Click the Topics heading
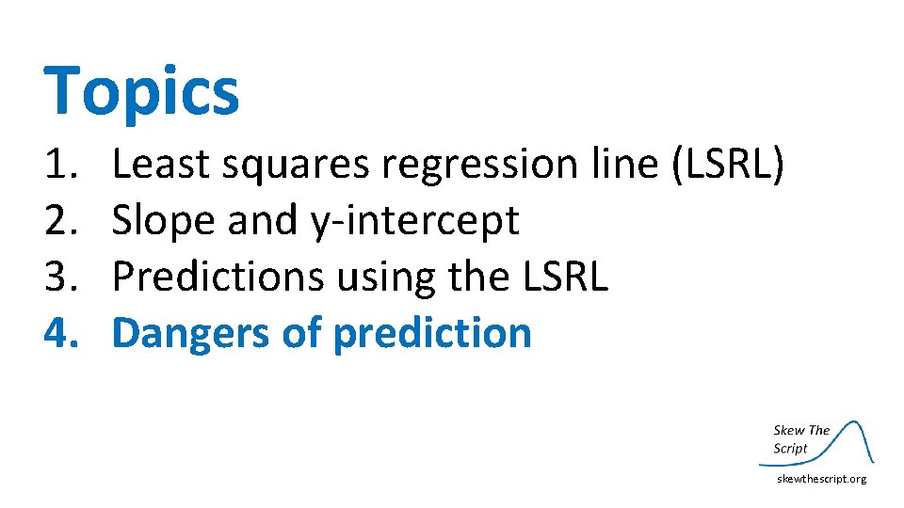(141, 92)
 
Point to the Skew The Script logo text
(800, 439)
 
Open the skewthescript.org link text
(821, 479)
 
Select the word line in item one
(616, 166)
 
